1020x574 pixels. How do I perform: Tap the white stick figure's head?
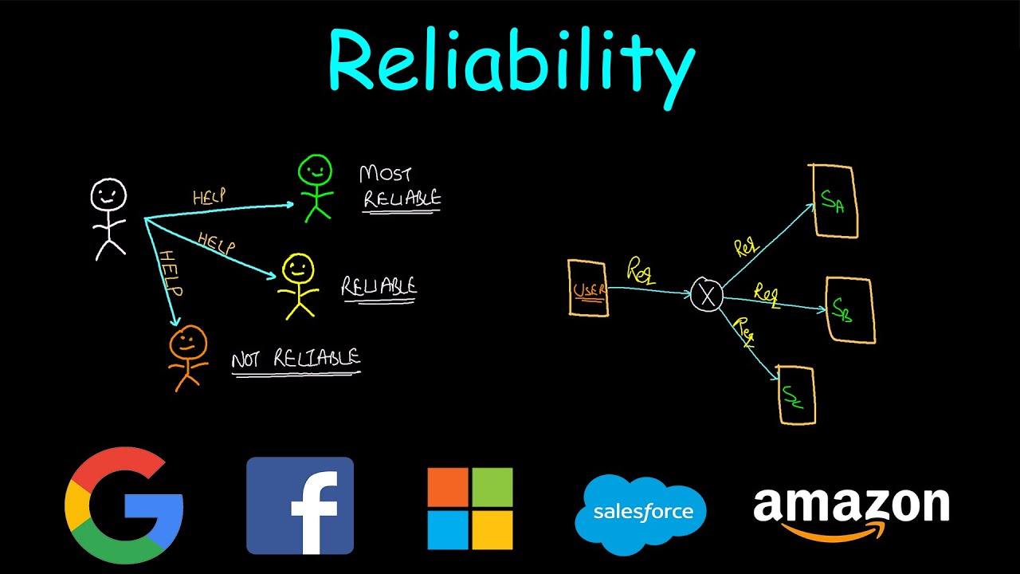(108, 195)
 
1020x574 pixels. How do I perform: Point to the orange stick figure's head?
(188, 343)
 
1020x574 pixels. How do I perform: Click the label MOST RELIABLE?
(400, 187)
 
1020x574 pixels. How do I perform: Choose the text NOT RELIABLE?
(296, 360)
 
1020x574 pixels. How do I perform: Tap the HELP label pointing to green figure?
(209, 196)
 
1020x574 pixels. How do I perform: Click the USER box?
(588, 288)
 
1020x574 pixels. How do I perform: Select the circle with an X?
(706, 295)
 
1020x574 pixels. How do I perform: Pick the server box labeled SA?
(834, 201)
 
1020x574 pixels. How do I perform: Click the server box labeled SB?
(849, 311)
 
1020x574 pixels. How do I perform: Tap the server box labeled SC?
(796, 395)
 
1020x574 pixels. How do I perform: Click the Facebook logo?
(300, 505)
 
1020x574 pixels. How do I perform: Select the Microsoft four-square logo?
(469, 508)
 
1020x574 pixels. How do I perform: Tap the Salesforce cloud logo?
(641, 512)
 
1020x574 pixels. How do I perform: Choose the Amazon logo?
(851, 510)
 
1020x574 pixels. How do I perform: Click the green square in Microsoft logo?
(492, 486)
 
